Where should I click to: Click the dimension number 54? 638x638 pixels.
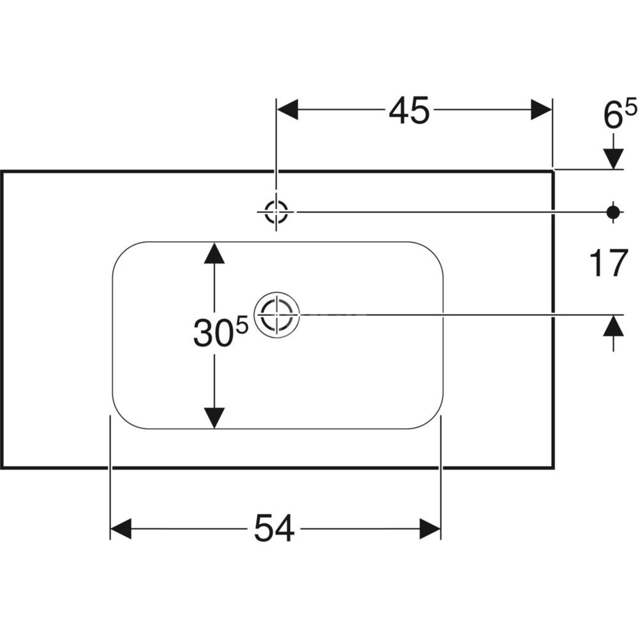[x=274, y=529]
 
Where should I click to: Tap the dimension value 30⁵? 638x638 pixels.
[x=220, y=333]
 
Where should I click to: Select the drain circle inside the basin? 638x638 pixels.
[x=276, y=315]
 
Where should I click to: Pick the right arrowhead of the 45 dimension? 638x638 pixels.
[x=541, y=110]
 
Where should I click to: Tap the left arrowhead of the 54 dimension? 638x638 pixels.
[x=121, y=529]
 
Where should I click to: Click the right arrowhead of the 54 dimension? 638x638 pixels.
[x=430, y=529]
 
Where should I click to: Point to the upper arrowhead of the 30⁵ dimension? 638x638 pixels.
[x=214, y=253]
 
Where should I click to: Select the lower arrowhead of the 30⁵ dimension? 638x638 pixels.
[x=214, y=418]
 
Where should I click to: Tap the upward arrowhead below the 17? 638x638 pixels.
[x=613, y=326]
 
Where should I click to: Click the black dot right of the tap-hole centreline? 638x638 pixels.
[x=613, y=211]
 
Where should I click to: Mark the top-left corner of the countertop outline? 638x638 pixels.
[x=2, y=172]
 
